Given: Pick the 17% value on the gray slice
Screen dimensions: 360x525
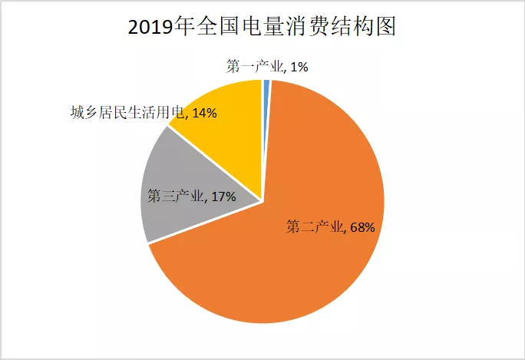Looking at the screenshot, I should (222, 196).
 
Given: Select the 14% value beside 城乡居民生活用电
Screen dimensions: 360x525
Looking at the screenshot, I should (203, 114).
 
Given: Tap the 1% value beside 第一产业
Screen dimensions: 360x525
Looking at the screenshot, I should (299, 67).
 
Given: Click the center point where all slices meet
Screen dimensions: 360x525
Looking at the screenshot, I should (263, 202).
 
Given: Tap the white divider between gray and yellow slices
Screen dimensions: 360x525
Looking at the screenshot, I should (215, 163).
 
